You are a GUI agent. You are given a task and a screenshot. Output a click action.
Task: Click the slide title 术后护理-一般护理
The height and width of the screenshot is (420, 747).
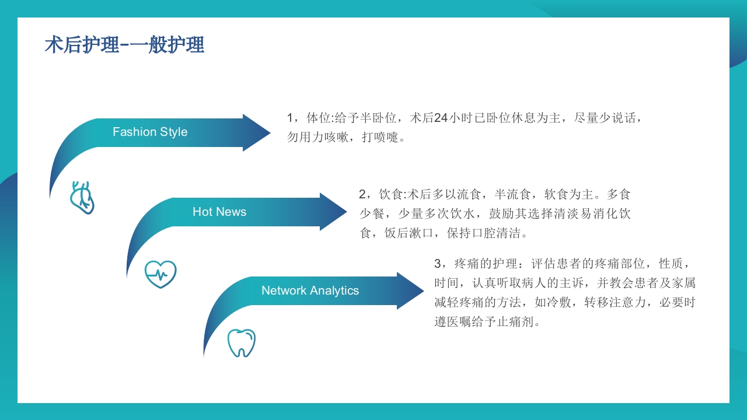tap(124, 45)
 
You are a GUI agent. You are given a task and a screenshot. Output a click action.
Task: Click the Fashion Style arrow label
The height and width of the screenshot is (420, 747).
tap(150, 132)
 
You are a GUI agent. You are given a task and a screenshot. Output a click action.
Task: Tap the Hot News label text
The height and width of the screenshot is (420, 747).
tap(219, 212)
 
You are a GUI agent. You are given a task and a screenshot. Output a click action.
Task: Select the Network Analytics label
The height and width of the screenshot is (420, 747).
tap(310, 290)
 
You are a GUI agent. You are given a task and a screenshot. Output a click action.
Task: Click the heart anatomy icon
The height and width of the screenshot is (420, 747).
tap(82, 197)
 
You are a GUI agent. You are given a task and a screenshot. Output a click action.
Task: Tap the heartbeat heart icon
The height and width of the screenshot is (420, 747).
tap(160, 274)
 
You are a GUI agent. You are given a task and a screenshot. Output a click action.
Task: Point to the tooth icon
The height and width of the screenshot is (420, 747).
tap(241, 342)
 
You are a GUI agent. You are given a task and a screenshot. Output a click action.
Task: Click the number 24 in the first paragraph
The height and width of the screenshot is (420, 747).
tap(441, 118)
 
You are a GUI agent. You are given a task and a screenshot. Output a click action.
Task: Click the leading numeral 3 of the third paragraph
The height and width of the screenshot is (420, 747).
tap(438, 264)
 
